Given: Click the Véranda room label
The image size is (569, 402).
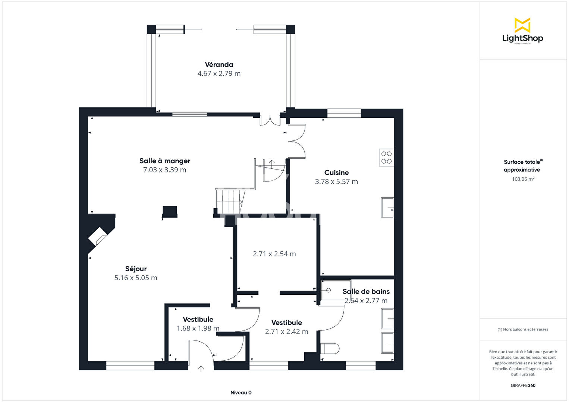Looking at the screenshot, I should click(219, 64).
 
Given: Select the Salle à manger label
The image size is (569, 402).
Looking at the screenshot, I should click(165, 161).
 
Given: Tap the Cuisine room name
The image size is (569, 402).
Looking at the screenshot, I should click(336, 172).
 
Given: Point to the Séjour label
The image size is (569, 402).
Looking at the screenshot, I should click(136, 269).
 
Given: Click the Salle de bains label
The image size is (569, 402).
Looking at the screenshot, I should click(366, 291).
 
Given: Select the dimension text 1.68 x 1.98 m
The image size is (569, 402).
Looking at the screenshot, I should click(198, 328).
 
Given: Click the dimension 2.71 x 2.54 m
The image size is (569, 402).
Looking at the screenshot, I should click(274, 254).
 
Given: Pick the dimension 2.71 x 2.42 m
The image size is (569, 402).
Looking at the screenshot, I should click(286, 332).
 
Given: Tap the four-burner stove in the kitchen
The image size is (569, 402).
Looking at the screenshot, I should click(386, 157).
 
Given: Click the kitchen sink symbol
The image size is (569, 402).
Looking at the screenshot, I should click(387, 208).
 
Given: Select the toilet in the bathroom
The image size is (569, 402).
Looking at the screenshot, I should click(330, 348).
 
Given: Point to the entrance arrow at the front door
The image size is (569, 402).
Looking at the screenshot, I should click(201, 369).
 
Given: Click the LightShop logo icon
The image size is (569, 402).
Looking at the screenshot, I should click(522, 25).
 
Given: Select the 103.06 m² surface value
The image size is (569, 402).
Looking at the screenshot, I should click(523, 179).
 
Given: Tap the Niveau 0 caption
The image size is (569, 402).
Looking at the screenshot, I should click(241, 392).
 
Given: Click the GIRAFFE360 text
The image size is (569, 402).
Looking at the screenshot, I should click(523, 385).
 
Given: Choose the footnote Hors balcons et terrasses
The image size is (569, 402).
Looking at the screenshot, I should click(523, 329).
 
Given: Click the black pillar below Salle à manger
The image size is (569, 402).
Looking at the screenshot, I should click(170, 212).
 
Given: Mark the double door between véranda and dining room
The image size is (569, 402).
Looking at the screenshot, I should click(270, 120).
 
